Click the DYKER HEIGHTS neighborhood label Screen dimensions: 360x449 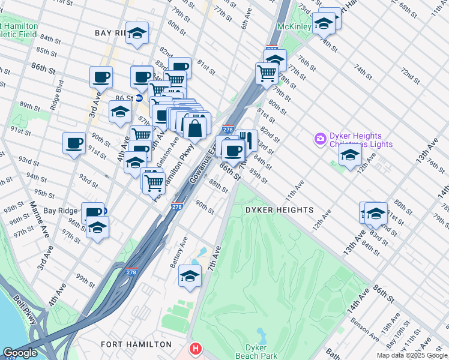(279, 209)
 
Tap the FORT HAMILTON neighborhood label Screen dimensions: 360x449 (136, 344)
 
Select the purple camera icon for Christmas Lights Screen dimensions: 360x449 (320, 139)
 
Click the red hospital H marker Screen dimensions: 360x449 (195, 349)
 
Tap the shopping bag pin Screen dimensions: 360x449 (195, 127)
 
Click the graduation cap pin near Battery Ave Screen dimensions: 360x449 (190, 276)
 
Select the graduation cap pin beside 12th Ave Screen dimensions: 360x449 (350, 155)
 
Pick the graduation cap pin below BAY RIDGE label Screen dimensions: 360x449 (137, 34)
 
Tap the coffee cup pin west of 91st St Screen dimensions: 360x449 (74, 143)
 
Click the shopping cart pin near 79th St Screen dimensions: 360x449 (267, 74)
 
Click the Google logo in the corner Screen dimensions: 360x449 (20, 353)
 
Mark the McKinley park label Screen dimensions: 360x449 (294, 27)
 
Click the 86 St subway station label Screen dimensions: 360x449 (124, 97)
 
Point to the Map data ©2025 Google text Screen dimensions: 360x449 (412, 355)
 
